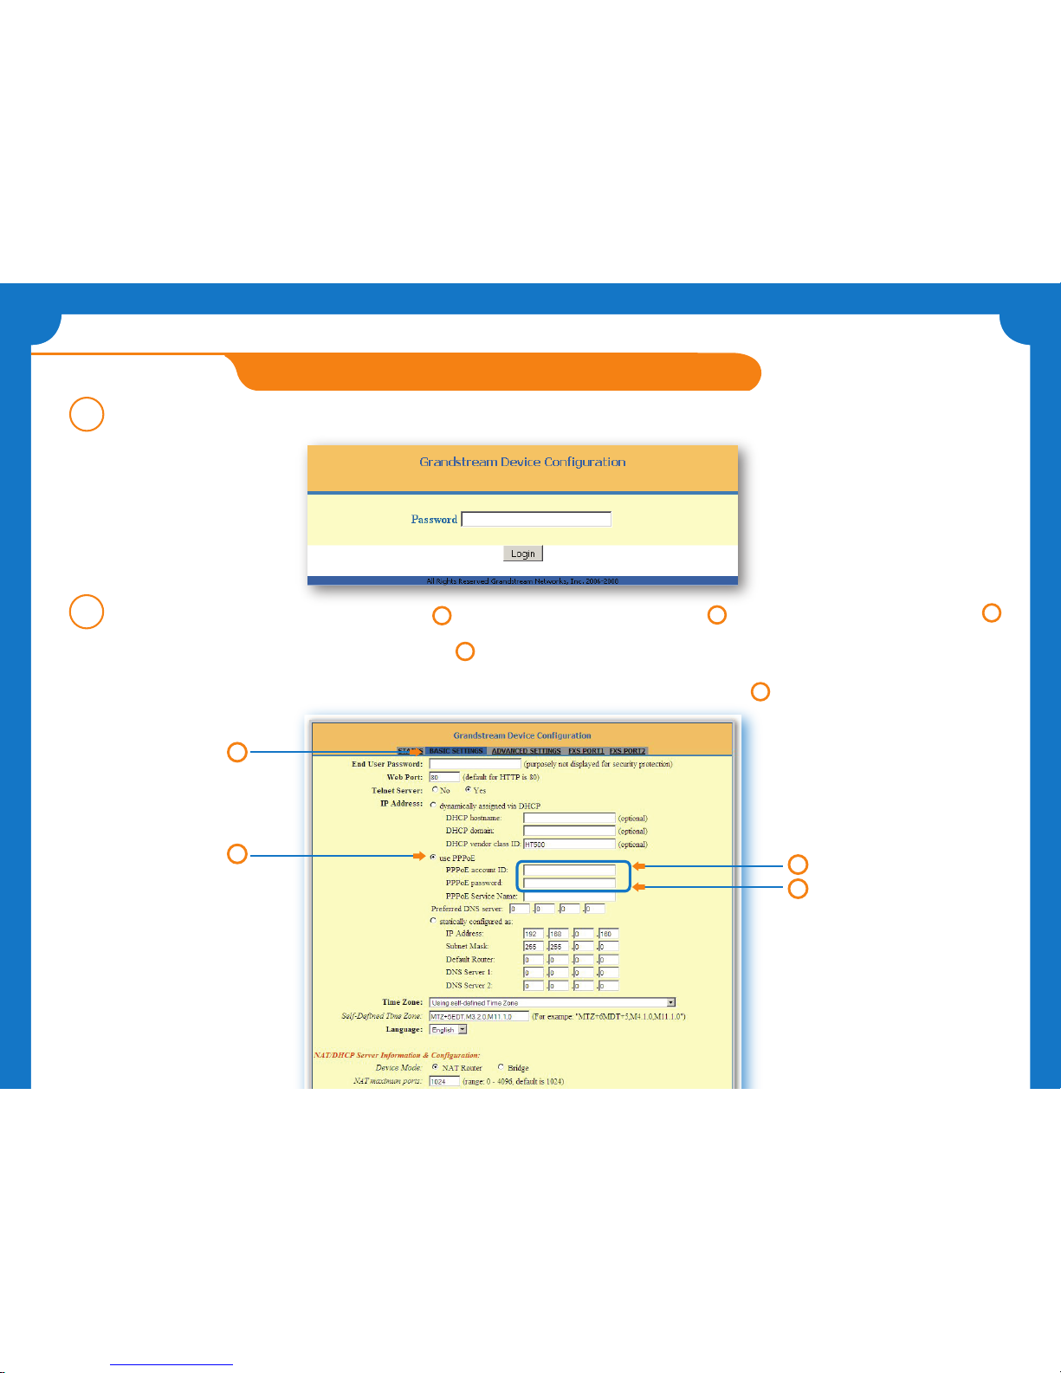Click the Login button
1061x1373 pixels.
(522, 554)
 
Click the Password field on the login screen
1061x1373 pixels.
(536, 519)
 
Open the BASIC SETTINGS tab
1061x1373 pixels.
(456, 751)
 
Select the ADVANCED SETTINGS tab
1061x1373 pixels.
(526, 751)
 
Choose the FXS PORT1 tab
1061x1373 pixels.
(585, 751)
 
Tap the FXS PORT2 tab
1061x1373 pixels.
(627, 751)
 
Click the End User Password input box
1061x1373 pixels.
(475, 764)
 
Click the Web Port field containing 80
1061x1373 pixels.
(443, 777)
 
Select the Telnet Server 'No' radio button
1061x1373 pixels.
(435, 790)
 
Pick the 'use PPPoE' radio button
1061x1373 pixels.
(433, 858)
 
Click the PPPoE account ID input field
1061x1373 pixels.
(569, 870)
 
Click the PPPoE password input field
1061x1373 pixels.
(569, 884)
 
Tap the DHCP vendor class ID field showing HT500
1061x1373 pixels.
(568, 844)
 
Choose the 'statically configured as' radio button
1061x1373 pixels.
(433, 921)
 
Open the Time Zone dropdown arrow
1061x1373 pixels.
(670, 1002)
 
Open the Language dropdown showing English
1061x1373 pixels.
(449, 1030)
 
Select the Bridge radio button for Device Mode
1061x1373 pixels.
(501, 1067)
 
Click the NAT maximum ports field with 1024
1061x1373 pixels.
(443, 1081)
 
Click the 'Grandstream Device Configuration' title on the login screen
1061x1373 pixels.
(522, 462)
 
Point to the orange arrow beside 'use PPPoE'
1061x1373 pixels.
(419, 857)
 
